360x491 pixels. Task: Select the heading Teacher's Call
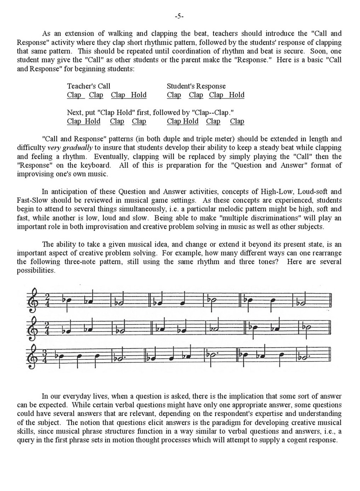pyautogui.click(x=89, y=86)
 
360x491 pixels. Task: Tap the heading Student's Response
pyautogui.click(x=196, y=86)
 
